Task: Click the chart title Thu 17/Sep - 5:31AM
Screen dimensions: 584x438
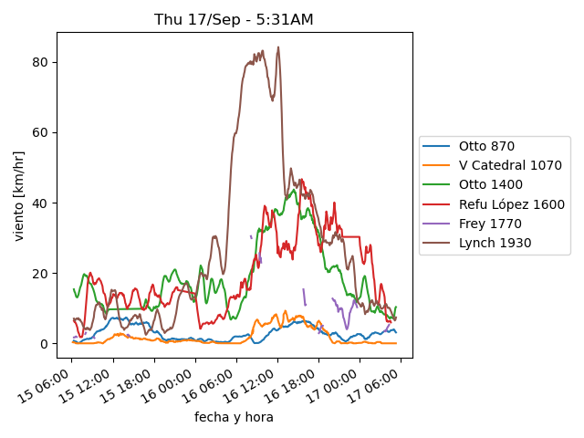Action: coord(234,19)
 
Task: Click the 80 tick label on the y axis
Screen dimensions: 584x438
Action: coord(40,62)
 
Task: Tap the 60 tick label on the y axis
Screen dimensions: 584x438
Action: coord(40,132)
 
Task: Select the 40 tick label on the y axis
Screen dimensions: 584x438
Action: coord(40,203)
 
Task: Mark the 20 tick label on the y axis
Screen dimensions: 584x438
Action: coord(40,274)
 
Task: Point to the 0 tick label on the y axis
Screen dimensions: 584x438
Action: coord(44,344)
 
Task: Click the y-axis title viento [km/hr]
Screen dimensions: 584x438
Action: coord(18,196)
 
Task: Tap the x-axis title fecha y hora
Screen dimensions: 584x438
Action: coord(234,417)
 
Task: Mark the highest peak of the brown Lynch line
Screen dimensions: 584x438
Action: coord(277,47)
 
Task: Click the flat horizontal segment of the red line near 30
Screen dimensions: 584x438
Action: coord(350,236)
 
